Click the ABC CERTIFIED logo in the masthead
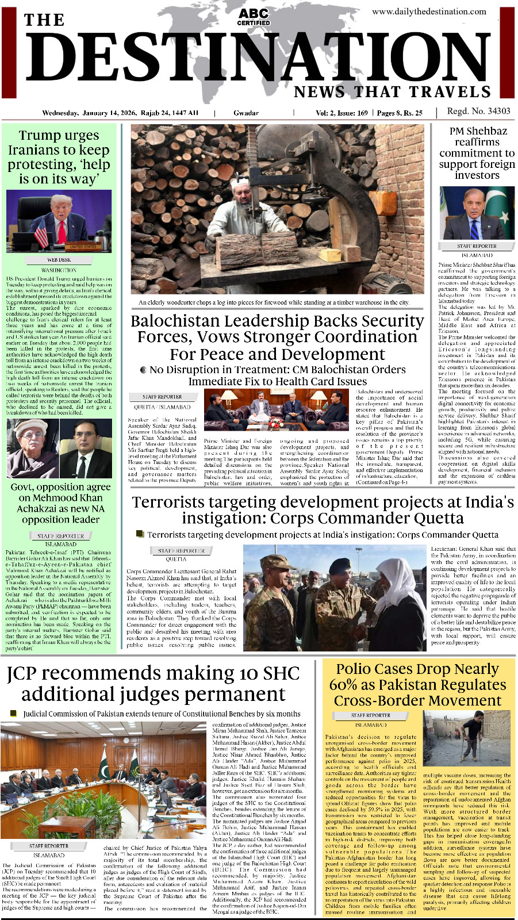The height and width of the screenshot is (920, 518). pos(254,16)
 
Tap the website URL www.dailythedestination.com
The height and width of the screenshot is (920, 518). pos(429,11)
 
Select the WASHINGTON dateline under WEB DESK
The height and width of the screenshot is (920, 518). pos(59,270)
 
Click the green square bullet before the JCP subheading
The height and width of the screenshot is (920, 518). pos(14,714)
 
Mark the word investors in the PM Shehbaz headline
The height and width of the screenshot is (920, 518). pos(477,175)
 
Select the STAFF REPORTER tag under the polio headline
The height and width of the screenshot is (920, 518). pos(370,715)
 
